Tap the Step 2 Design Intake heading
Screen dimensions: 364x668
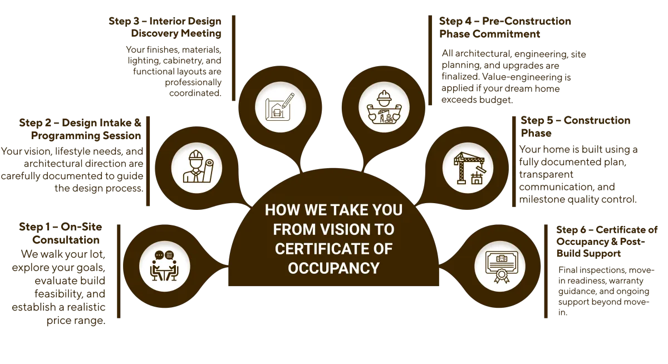click(x=81, y=129)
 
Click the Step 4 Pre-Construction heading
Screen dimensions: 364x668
click(x=504, y=27)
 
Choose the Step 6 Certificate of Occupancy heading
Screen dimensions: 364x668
click(x=607, y=242)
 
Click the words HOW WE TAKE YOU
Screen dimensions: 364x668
click(x=333, y=211)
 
